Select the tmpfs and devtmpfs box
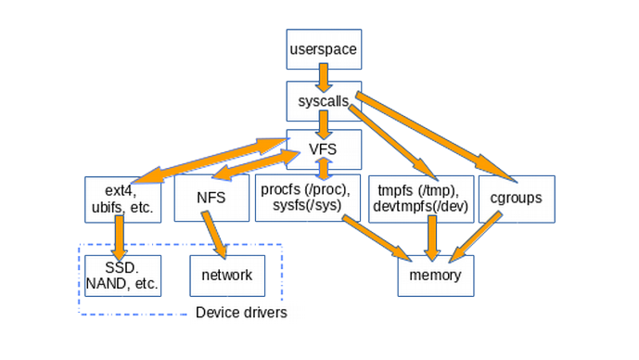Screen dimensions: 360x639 point(419,198)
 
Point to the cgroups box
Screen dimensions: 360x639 point(517,199)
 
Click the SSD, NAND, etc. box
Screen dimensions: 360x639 point(121,276)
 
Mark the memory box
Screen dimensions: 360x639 point(429,276)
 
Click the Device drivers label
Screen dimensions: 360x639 point(241,313)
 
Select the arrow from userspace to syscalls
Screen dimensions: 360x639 point(322,74)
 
